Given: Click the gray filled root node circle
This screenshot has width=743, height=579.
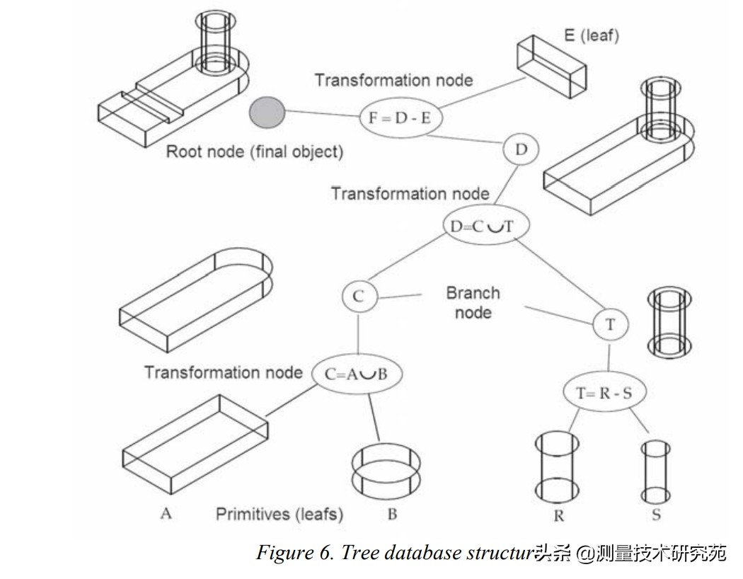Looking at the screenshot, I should click(267, 113).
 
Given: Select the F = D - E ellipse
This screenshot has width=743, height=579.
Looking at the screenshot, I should click(399, 118).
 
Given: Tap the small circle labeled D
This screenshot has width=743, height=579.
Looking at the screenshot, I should click(522, 150).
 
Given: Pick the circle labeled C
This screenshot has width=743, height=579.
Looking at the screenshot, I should click(359, 297).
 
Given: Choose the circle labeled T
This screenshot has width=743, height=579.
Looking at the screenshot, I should click(611, 324).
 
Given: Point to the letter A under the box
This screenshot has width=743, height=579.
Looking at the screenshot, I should click(166, 513).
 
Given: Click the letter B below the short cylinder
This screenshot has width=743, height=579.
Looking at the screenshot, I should click(392, 515).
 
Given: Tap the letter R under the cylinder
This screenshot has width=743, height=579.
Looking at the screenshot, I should click(559, 516).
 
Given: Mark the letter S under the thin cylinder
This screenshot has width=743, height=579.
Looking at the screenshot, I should click(656, 515).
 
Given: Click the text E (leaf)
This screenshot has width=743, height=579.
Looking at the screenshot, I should click(591, 35).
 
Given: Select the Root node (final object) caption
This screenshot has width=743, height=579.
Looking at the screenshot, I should click(254, 151).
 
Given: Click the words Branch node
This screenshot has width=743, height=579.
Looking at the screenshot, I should click(473, 302).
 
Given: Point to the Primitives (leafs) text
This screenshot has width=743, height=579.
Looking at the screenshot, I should click(280, 514).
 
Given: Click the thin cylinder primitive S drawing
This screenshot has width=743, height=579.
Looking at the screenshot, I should click(655, 471).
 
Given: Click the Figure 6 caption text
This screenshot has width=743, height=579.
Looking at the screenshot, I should click(396, 553).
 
